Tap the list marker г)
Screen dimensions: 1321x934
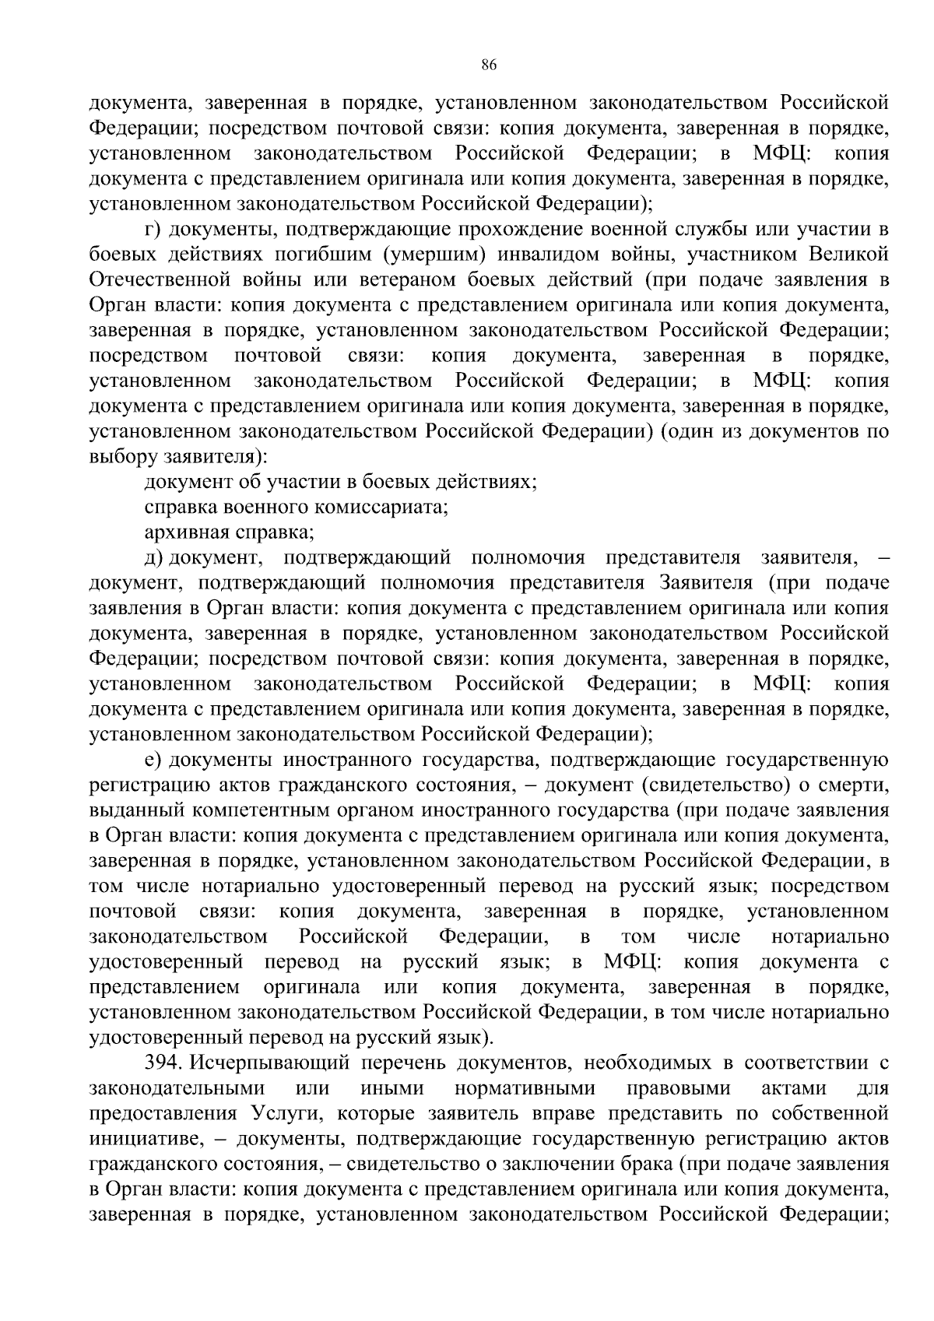(x=153, y=230)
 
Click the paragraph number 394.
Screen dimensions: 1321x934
(x=163, y=1063)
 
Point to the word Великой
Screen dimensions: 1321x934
(x=848, y=255)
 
